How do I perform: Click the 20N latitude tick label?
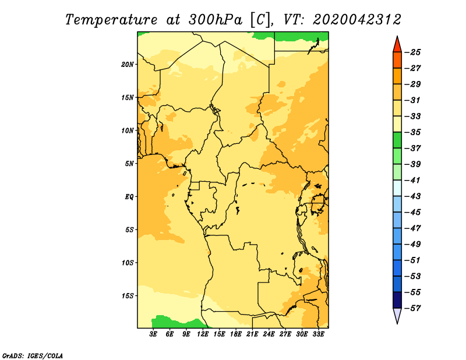(x=127, y=65)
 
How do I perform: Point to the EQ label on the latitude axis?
(x=129, y=197)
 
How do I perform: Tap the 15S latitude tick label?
(x=128, y=296)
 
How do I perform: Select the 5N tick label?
(x=129, y=164)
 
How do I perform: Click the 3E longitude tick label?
(x=153, y=334)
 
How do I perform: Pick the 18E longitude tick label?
(x=236, y=334)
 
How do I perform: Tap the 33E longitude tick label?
(x=318, y=334)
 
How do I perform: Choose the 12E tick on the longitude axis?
(x=203, y=334)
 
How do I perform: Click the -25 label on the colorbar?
(x=413, y=52)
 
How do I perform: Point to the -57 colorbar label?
(x=413, y=308)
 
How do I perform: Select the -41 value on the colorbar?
(x=413, y=181)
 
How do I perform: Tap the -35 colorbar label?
(x=413, y=132)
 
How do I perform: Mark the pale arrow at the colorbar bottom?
(x=397, y=315)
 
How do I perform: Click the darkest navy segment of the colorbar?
(x=397, y=300)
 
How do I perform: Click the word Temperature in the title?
(x=111, y=20)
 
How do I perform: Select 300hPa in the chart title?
(x=216, y=20)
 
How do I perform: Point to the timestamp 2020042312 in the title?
(x=357, y=20)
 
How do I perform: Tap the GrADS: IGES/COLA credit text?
(x=33, y=356)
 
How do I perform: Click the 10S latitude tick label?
(x=128, y=263)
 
